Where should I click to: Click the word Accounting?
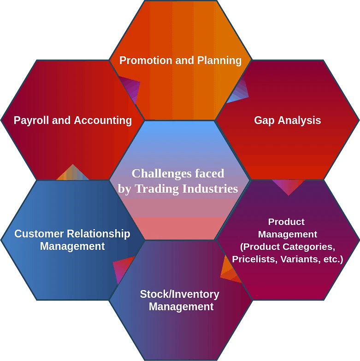click(x=103, y=121)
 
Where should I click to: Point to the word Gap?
click(x=264, y=121)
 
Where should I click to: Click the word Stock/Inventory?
click(x=179, y=294)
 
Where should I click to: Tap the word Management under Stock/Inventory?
click(x=181, y=307)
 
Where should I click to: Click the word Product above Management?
click(x=286, y=222)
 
